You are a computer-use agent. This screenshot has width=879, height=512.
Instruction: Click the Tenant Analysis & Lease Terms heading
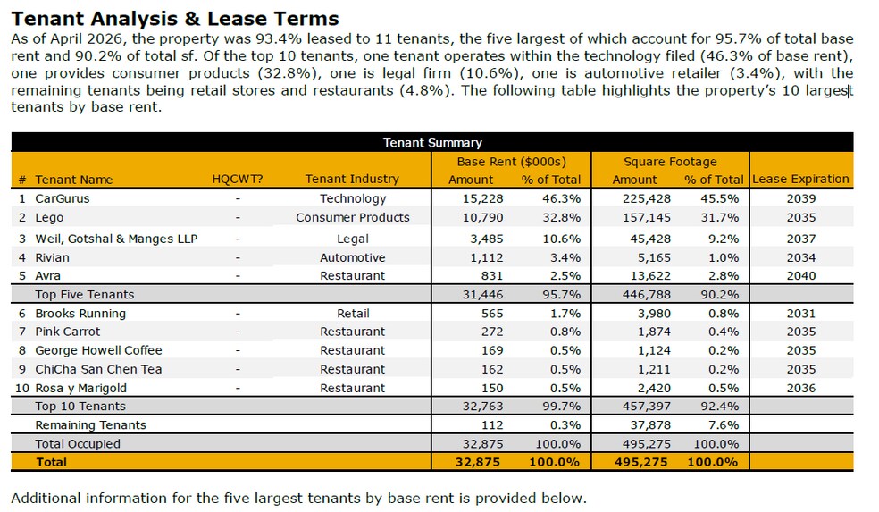click(175, 19)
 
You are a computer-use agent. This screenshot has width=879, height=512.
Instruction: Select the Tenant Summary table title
click(432, 142)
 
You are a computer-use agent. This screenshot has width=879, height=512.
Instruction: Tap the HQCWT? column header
click(237, 179)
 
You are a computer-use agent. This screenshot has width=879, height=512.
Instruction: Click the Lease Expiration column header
click(800, 179)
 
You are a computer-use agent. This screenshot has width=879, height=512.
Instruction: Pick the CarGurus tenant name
click(63, 198)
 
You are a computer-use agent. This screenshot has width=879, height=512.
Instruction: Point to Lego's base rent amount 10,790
click(482, 218)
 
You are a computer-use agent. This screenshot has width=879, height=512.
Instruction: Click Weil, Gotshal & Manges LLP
click(116, 239)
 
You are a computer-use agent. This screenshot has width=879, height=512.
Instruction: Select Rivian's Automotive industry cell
click(353, 257)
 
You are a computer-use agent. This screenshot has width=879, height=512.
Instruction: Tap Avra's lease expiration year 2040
click(801, 276)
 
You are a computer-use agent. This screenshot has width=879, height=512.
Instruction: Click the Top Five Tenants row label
click(85, 294)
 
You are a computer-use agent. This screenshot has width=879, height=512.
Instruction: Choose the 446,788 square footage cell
click(647, 294)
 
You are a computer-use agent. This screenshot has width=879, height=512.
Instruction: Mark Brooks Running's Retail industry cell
click(353, 314)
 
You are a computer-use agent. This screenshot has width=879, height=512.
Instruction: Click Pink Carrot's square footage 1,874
click(654, 332)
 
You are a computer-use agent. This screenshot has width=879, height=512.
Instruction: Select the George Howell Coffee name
click(98, 350)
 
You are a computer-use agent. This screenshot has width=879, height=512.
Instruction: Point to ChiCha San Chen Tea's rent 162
click(492, 370)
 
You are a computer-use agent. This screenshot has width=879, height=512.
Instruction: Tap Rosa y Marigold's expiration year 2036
click(801, 388)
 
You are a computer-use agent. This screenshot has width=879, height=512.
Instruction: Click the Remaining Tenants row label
click(91, 425)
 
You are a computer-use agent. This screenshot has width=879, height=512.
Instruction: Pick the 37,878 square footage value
click(650, 425)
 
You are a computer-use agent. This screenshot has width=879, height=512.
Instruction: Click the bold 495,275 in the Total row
click(640, 462)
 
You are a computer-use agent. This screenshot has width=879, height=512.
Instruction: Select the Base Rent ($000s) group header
click(511, 162)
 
